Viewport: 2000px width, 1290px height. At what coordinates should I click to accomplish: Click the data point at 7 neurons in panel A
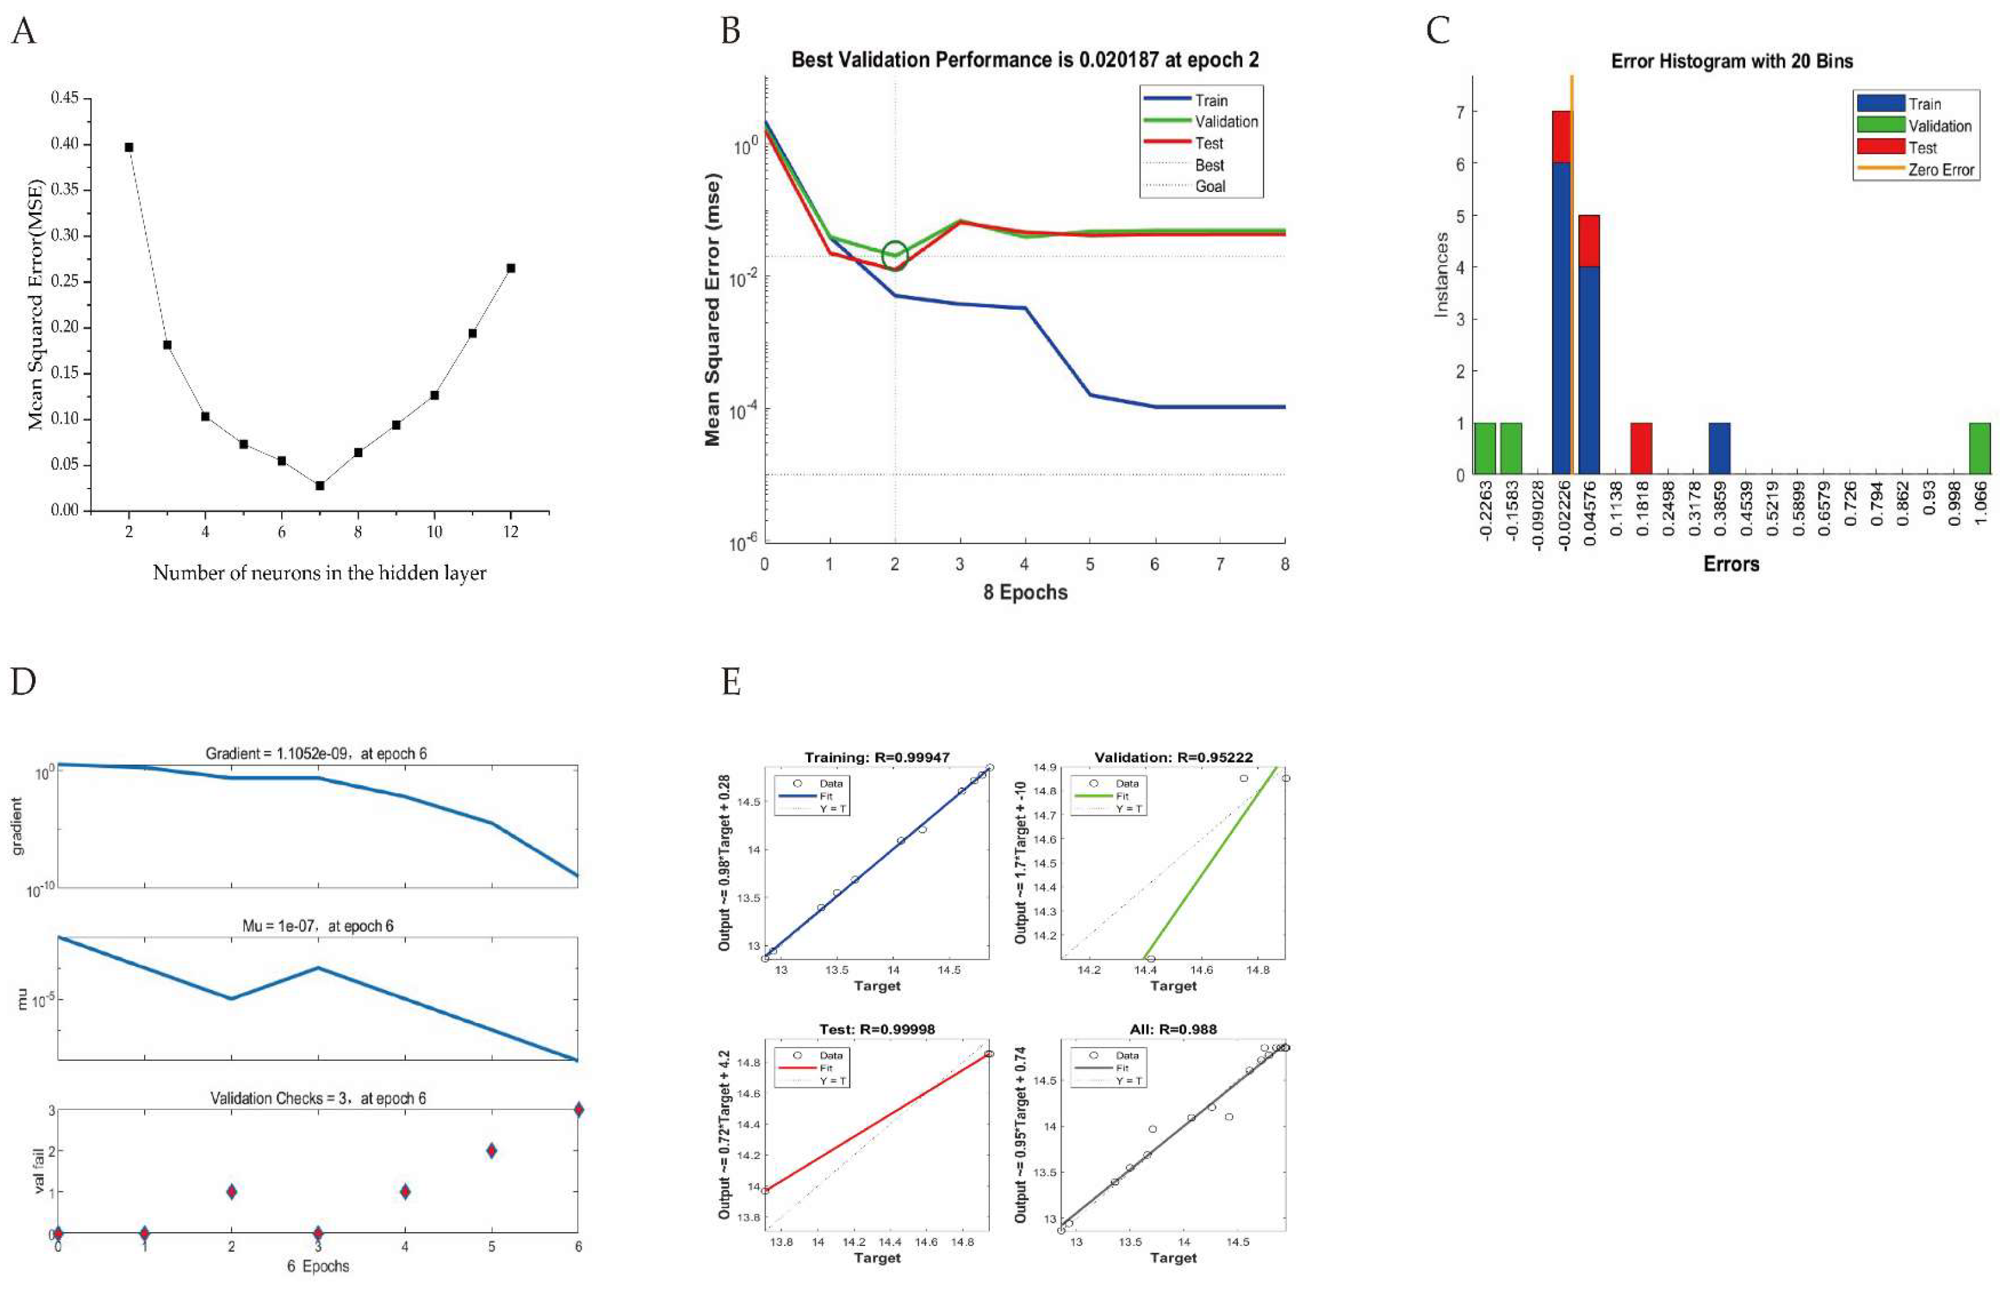point(320,485)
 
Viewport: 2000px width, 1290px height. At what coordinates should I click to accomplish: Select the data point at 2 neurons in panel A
point(129,147)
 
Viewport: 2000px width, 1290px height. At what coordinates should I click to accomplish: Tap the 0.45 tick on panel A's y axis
point(65,98)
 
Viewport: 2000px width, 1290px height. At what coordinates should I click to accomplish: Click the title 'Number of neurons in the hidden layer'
point(319,573)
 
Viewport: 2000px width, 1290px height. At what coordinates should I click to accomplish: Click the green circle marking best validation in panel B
point(895,254)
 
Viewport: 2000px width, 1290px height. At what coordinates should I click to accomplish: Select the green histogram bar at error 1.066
point(1979,449)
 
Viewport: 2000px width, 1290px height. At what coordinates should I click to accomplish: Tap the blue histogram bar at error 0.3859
point(1719,449)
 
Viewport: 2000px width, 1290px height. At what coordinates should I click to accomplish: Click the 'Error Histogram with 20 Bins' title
point(1731,61)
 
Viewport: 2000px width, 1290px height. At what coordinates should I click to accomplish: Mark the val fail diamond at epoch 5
point(492,1150)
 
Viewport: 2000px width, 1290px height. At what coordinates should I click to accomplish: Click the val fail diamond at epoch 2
point(231,1191)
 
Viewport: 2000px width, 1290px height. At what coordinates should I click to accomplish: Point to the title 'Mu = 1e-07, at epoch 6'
point(317,925)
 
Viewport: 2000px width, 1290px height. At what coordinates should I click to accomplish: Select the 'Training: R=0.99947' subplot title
point(877,757)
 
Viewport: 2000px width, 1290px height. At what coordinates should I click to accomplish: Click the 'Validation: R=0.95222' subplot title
point(1173,757)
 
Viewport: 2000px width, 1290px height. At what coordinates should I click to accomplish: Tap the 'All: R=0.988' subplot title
point(1173,1029)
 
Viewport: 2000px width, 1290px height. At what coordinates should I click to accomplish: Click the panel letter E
point(731,682)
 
